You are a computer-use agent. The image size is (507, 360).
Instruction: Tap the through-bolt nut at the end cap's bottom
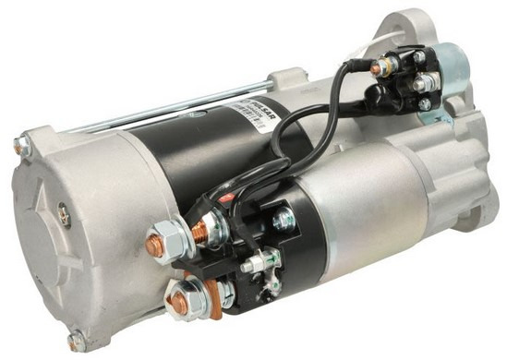click(x=75, y=341)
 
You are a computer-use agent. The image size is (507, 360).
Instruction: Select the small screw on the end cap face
click(x=64, y=215)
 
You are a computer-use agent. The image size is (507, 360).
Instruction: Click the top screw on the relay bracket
click(x=419, y=56)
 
